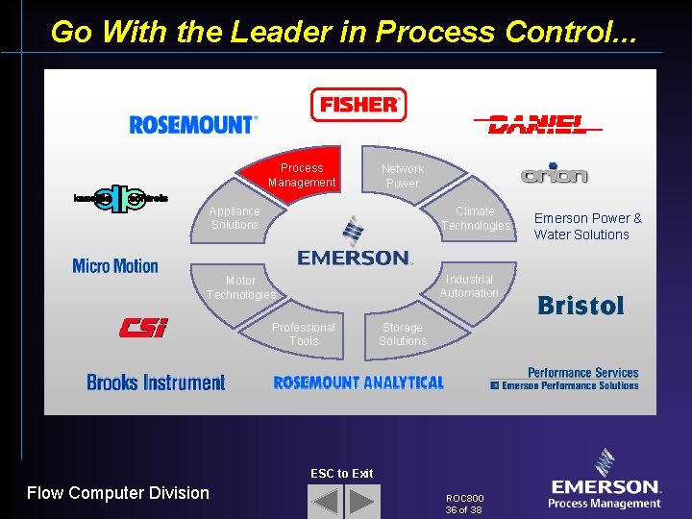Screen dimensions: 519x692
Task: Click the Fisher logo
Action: (x=358, y=105)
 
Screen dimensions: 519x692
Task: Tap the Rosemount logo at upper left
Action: (x=193, y=125)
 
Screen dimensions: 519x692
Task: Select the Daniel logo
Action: (x=537, y=124)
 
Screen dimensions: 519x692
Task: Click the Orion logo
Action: (x=554, y=175)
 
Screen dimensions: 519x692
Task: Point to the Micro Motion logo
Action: (x=115, y=265)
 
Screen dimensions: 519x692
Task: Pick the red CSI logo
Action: (x=143, y=328)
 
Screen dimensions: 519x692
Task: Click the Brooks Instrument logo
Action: (x=156, y=383)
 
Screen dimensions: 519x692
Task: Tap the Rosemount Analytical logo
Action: (x=358, y=383)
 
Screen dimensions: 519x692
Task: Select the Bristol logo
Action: (x=581, y=306)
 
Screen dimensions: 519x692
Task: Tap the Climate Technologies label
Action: (x=476, y=218)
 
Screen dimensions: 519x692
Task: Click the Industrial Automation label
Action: (x=469, y=286)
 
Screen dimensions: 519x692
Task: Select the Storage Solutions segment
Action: (x=403, y=334)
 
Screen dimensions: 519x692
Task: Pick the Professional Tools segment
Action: (x=304, y=334)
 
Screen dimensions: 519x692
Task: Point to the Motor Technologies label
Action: (x=240, y=287)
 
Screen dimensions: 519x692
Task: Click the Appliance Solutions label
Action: (x=235, y=218)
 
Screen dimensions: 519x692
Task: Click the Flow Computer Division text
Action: (x=118, y=493)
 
